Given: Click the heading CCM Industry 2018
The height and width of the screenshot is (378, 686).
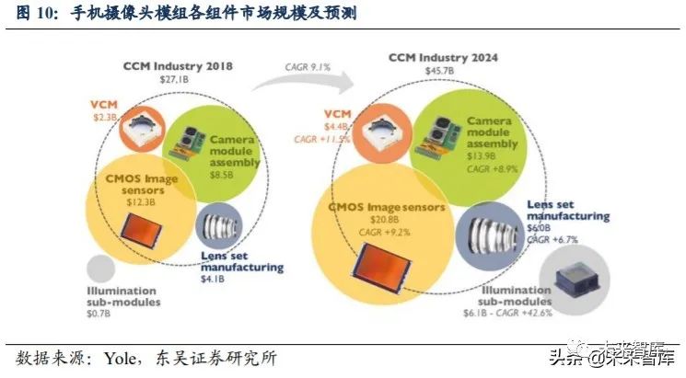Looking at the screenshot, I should [178, 66].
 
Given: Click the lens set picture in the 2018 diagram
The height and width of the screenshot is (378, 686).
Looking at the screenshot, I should [219, 223].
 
